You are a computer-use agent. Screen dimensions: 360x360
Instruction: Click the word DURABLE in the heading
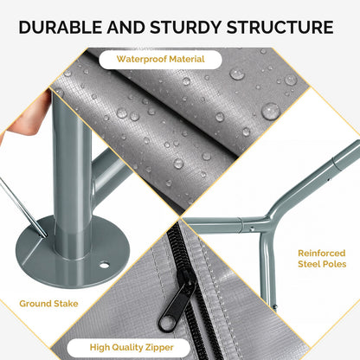61,28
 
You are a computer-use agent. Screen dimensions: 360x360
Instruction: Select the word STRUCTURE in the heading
280,28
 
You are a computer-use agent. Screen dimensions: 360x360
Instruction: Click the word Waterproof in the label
142,60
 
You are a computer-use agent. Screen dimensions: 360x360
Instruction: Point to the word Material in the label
187,59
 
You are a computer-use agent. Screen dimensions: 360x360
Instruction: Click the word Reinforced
322,254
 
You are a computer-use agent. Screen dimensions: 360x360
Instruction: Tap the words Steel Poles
322,264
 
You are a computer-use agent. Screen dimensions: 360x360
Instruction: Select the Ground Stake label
48,304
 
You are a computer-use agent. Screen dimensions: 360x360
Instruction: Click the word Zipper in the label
160,348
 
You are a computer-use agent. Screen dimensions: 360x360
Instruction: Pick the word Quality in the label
128,348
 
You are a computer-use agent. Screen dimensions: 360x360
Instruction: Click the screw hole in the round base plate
104,264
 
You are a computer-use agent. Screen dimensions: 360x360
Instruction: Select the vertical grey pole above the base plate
72,173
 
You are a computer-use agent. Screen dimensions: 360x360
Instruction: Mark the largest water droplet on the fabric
271,111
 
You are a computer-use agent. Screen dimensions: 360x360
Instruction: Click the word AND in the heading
126,28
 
